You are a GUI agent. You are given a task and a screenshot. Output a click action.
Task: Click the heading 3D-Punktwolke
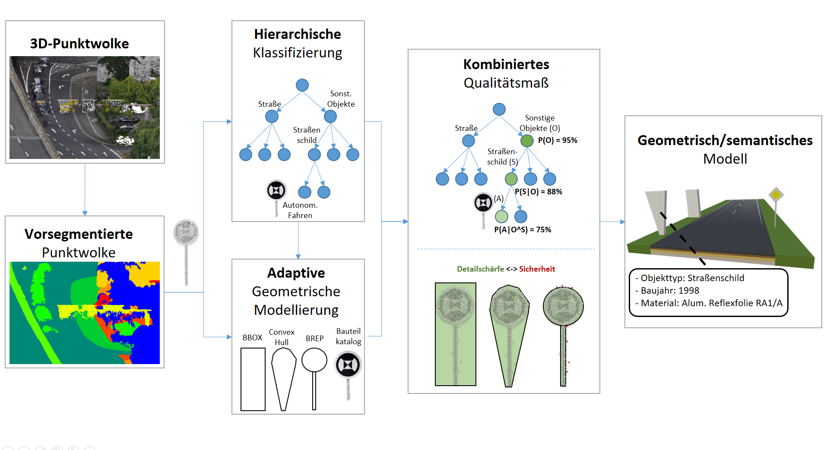(x=79, y=44)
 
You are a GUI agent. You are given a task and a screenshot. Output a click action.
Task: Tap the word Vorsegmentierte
(x=79, y=234)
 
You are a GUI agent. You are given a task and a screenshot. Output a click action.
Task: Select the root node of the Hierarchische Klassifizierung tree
(x=302, y=85)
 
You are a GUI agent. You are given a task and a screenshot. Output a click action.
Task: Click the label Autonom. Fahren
(x=300, y=210)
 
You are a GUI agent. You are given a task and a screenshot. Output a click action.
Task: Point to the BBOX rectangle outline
(x=253, y=379)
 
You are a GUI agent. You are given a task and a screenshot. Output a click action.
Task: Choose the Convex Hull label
(x=282, y=337)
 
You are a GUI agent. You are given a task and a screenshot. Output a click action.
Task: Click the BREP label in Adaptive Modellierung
(x=314, y=339)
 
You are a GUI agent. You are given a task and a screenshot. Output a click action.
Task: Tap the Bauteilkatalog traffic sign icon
(x=348, y=365)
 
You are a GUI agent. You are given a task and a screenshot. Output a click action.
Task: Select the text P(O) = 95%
(x=558, y=140)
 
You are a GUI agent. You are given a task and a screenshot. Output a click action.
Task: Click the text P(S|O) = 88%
(x=538, y=192)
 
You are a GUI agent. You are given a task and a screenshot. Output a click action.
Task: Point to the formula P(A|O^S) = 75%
(x=523, y=230)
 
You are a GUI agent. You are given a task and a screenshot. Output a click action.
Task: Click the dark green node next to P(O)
(x=527, y=141)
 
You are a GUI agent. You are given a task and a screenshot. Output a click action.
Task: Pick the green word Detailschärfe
(x=480, y=269)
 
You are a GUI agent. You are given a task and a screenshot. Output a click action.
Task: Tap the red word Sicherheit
(x=537, y=269)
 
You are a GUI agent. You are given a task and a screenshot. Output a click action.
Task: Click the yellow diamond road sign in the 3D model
(x=776, y=195)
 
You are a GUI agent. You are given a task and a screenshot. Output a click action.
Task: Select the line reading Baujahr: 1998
(x=670, y=291)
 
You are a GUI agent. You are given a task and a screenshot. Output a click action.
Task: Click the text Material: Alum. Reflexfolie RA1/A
(x=711, y=303)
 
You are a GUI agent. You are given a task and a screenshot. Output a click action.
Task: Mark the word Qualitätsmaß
(x=506, y=83)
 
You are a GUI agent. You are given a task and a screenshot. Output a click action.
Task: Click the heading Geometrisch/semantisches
(x=725, y=140)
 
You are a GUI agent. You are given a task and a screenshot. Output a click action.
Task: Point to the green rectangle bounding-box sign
(x=455, y=334)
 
